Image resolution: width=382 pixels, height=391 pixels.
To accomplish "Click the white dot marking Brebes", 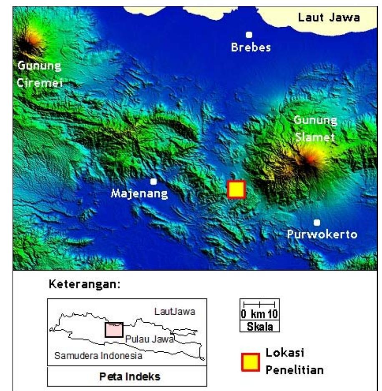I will coord(249,35).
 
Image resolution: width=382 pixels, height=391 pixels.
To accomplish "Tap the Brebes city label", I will coord(251,48).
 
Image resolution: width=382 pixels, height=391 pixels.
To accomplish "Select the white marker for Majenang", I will coord(153,181).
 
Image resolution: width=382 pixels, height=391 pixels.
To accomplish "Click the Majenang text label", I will coord(139,194).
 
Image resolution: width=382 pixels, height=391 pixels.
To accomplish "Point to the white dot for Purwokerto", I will coord(317,222).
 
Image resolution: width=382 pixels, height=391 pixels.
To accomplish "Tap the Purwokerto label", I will coord(322,234).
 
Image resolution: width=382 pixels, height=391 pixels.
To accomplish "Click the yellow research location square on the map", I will coord(236,189).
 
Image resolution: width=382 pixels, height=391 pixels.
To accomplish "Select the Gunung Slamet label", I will coord(315,128).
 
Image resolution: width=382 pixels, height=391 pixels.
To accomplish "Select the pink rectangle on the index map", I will coord(114,329).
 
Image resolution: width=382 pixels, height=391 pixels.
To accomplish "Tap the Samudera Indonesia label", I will coord(98,356).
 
